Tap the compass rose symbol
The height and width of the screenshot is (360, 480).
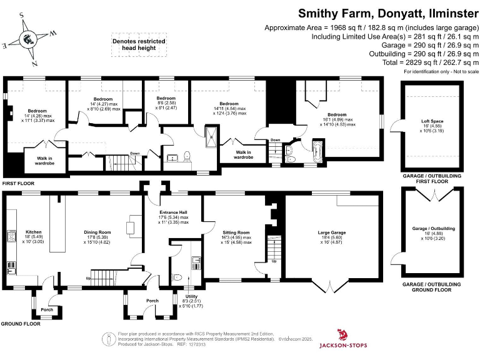[x=28, y=39]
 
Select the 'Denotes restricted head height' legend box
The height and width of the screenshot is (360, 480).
[x=139, y=44]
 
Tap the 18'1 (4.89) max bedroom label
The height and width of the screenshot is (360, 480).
[x=337, y=119]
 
